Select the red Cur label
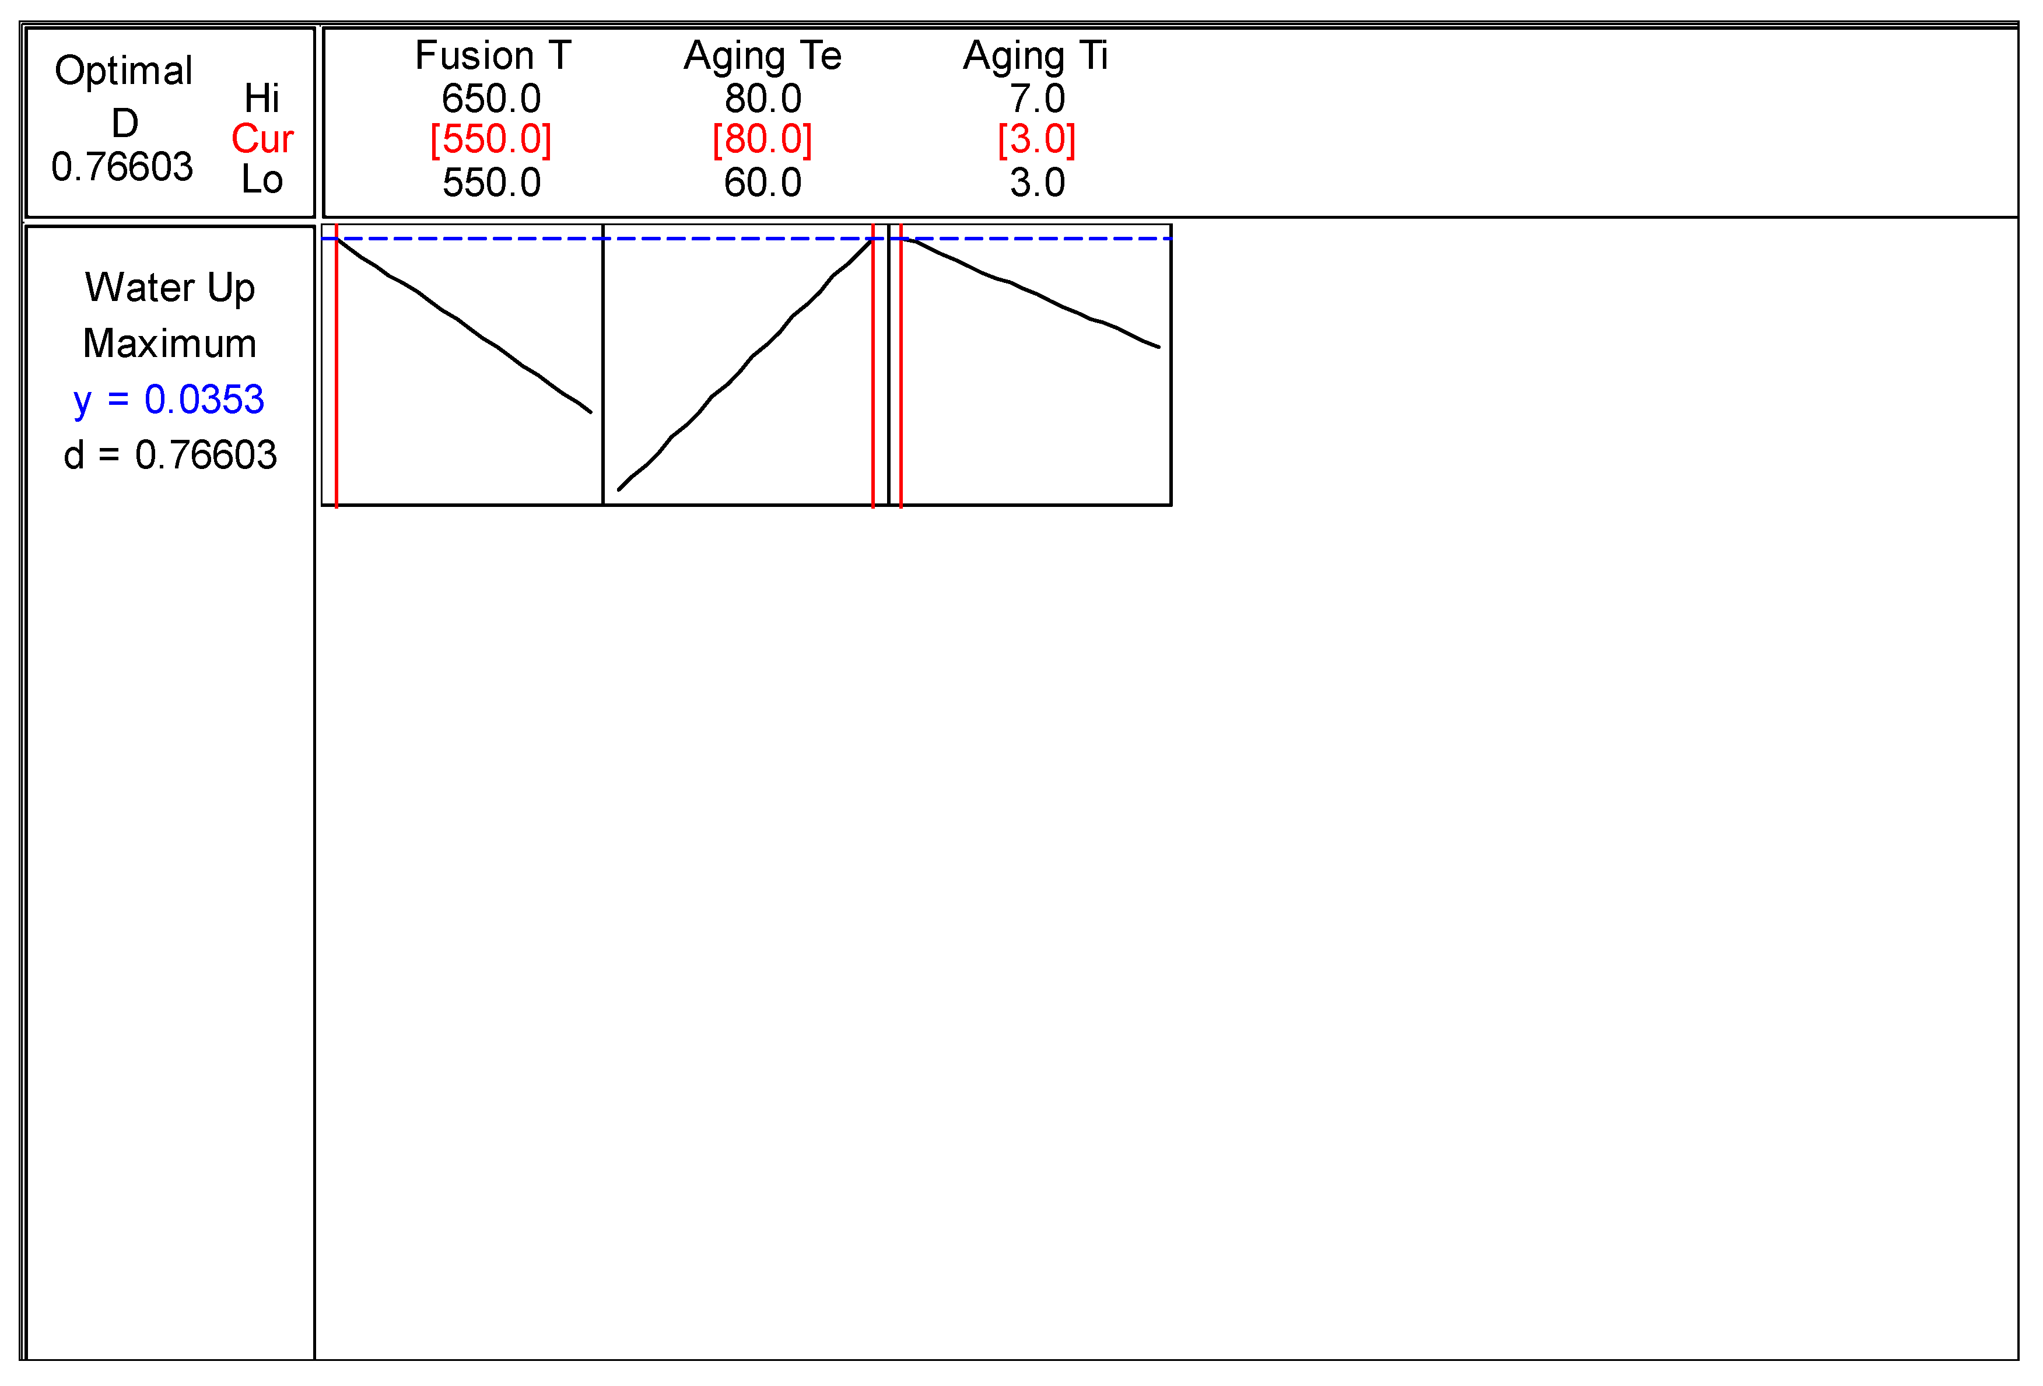(x=262, y=139)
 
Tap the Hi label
(x=262, y=97)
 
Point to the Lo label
(x=262, y=180)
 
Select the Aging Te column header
(x=762, y=56)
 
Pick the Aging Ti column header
(x=1036, y=56)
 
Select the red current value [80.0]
(x=762, y=140)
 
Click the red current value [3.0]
(x=1036, y=140)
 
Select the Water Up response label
(x=170, y=288)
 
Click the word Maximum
(x=170, y=344)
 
